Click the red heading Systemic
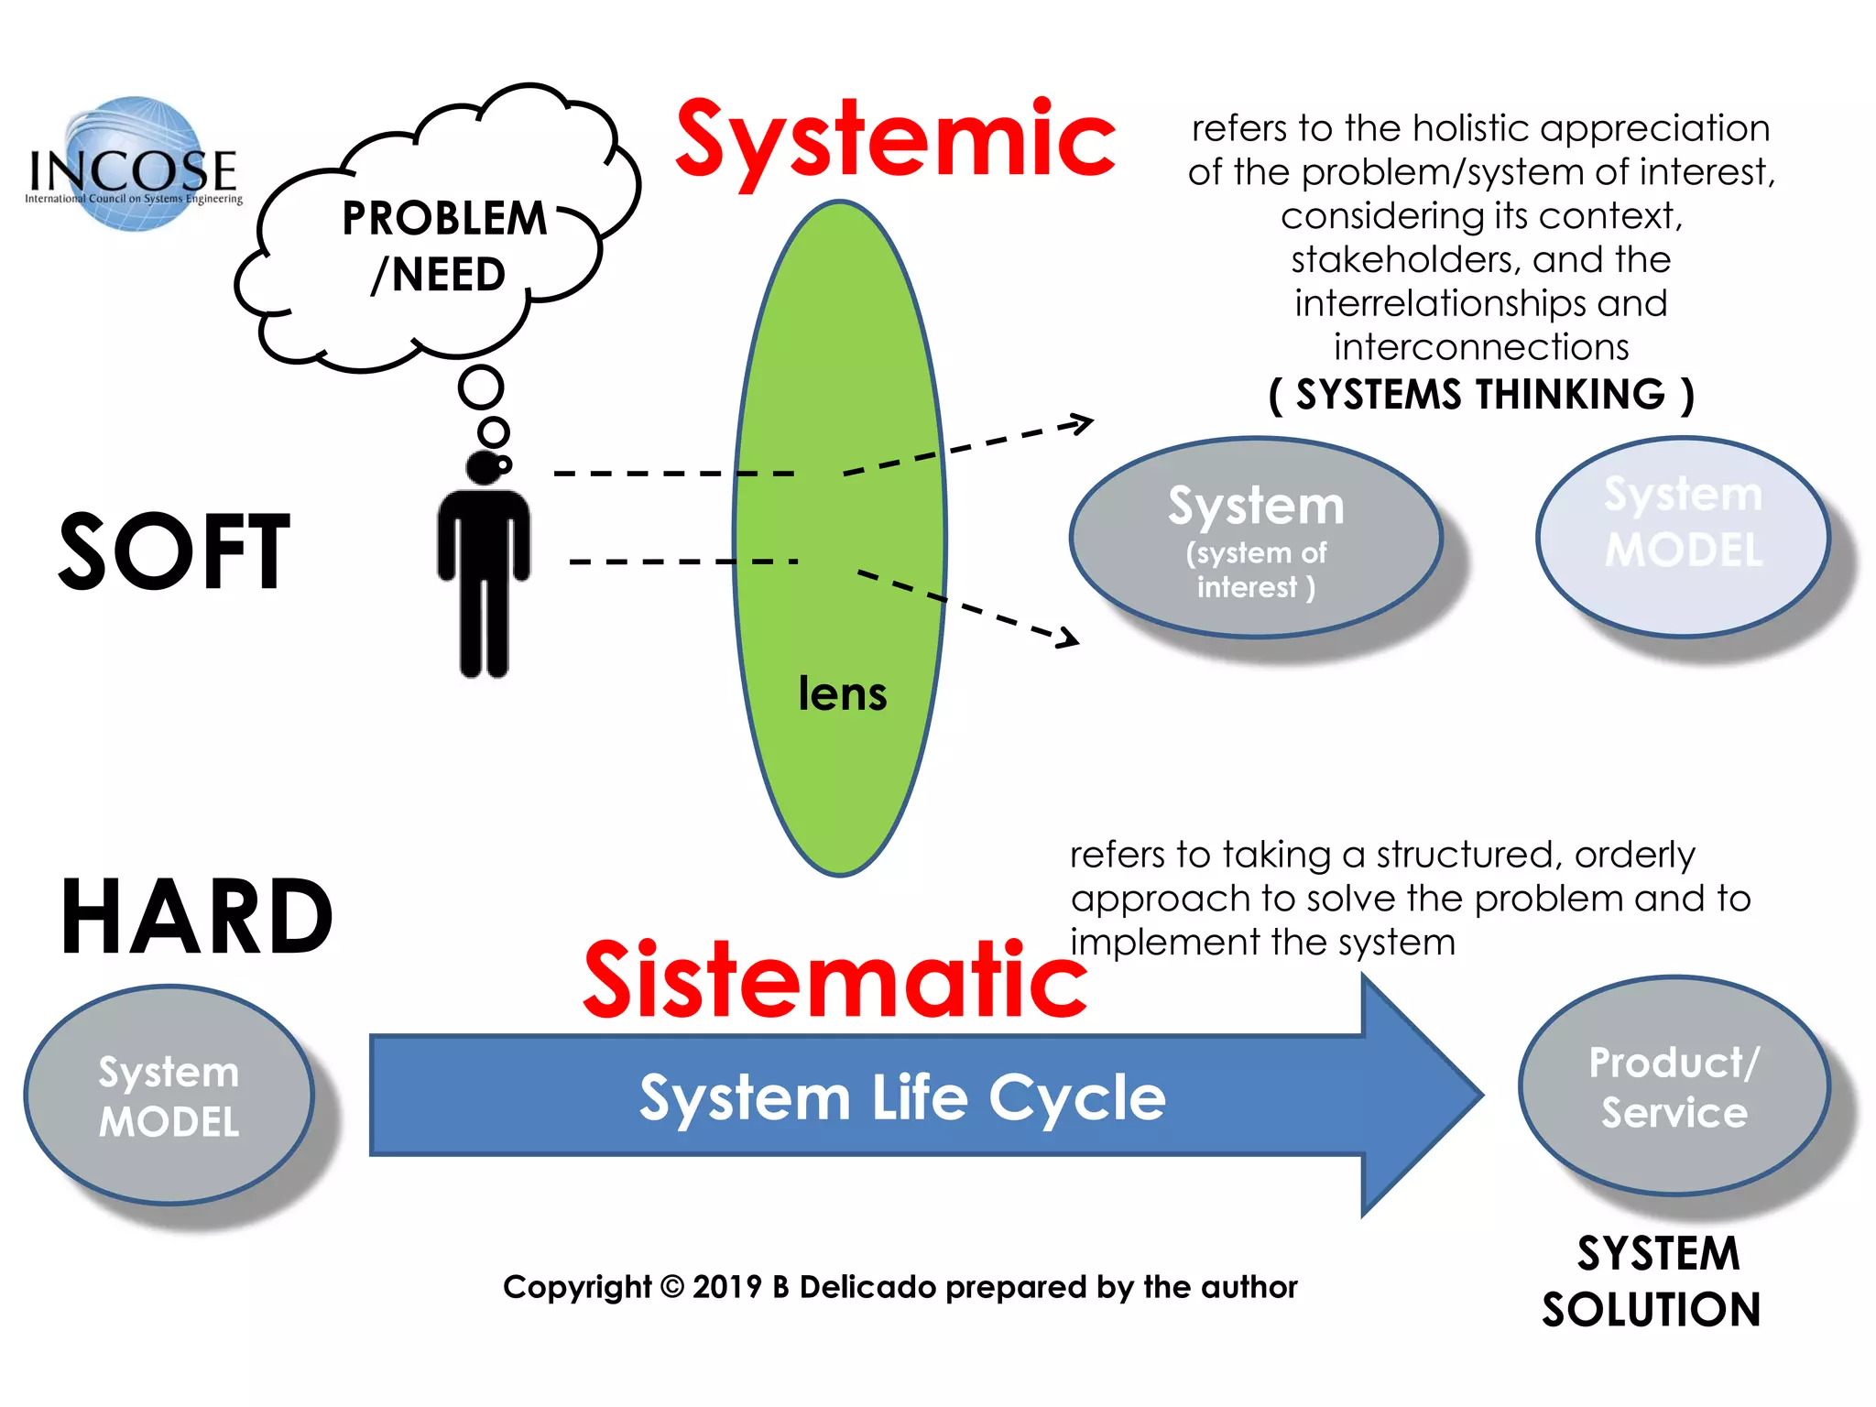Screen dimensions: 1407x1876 (x=895, y=140)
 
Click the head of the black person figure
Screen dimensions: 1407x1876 (x=484, y=466)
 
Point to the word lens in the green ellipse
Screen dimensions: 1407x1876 (x=842, y=693)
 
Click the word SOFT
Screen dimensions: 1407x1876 (x=174, y=552)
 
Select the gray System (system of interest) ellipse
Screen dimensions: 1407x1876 (x=1255, y=538)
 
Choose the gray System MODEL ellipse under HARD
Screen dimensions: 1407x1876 (x=169, y=1096)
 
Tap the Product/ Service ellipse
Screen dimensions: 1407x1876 (x=1674, y=1086)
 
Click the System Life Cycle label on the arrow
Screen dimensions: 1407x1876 (x=901, y=1096)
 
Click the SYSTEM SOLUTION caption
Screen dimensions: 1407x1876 (x=1653, y=1281)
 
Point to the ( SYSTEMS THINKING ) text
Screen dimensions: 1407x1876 (x=1480, y=395)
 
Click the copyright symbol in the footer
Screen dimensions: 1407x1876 (x=671, y=1287)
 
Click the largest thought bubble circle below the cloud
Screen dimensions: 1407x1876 (x=481, y=387)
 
